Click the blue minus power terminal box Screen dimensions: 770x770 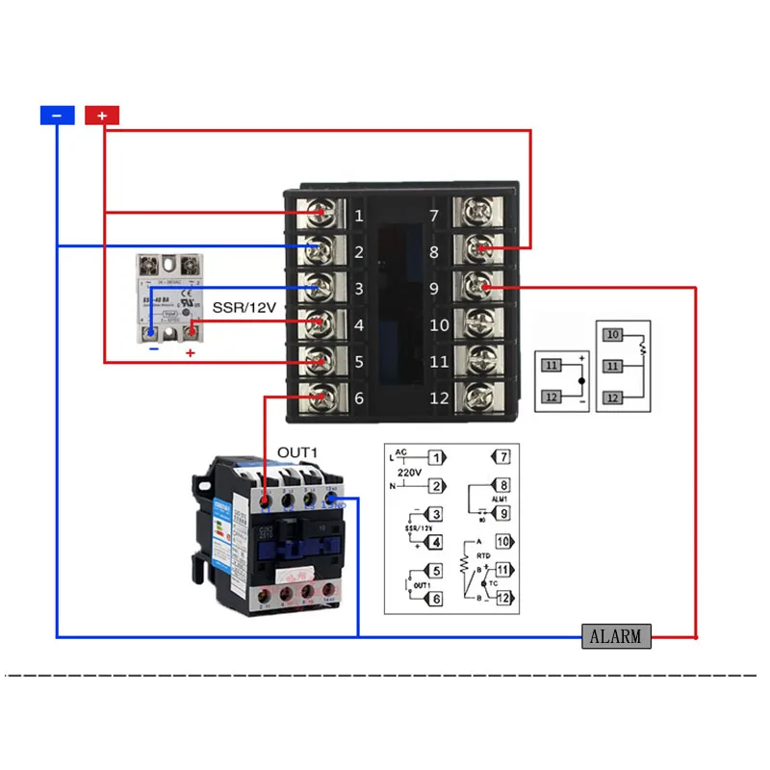[57, 115]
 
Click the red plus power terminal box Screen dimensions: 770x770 [102, 115]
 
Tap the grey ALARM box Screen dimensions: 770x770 [616, 636]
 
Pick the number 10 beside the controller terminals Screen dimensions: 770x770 [439, 325]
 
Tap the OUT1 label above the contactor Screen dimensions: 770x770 [297, 452]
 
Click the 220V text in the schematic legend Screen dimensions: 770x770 [408, 472]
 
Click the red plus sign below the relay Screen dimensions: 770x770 [190, 353]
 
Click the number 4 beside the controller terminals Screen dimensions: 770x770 [358, 325]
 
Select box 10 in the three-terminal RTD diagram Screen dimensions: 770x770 [613, 335]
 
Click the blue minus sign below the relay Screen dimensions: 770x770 [151, 350]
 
